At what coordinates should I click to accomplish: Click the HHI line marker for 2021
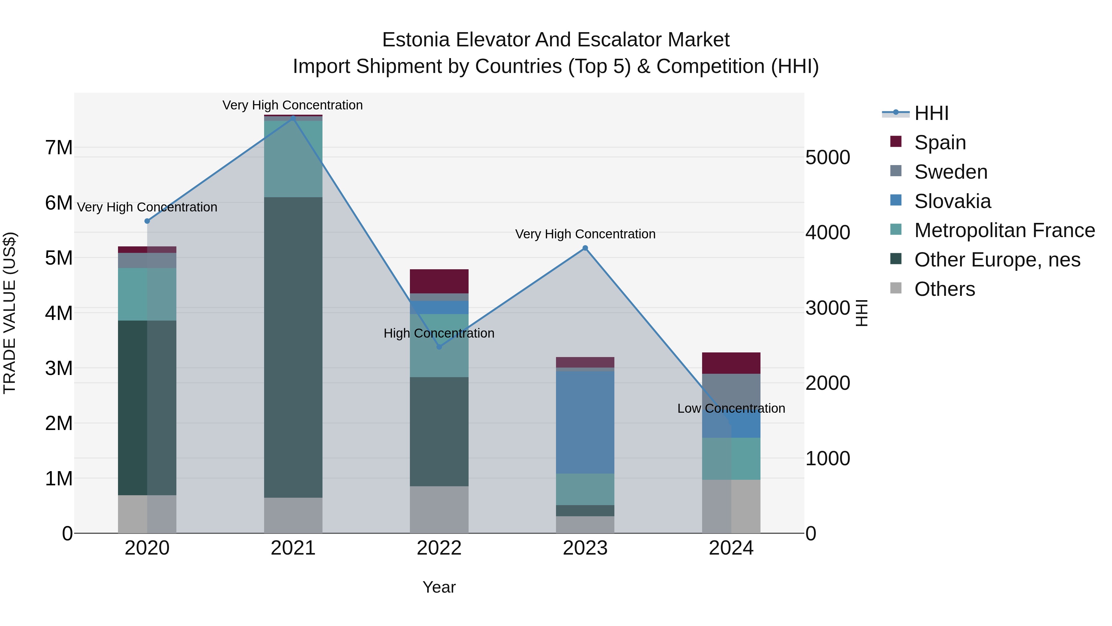pyautogui.click(x=293, y=118)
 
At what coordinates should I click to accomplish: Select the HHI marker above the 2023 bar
pyautogui.click(x=585, y=248)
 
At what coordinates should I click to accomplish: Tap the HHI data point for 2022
pyautogui.click(x=439, y=347)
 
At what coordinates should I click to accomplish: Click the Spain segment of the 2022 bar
pyautogui.click(x=439, y=281)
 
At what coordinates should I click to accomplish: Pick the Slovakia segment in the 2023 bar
pyautogui.click(x=585, y=422)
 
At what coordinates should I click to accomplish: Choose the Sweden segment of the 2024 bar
pyautogui.click(x=731, y=389)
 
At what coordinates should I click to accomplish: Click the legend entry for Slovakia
pyautogui.click(x=952, y=201)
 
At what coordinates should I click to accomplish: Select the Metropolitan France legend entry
pyautogui.click(x=1004, y=231)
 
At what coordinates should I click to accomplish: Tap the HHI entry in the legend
pyautogui.click(x=931, y=113)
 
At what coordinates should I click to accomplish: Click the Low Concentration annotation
pyautogui.click(x=731, y=408)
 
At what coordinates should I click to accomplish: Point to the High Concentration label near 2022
pyautogui.click(x=439, y=333)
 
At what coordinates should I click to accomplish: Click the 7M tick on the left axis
pyautogui.click(x=59, y=148)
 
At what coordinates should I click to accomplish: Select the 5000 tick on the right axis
pyautogui.click(x=828, y=157)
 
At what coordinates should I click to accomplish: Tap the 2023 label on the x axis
pyautogui.click(x=585, y=548)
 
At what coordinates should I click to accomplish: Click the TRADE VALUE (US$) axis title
pyautogui.click(x=10, y=313)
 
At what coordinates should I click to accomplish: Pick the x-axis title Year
pyautogui.click(x=439, y=587)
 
